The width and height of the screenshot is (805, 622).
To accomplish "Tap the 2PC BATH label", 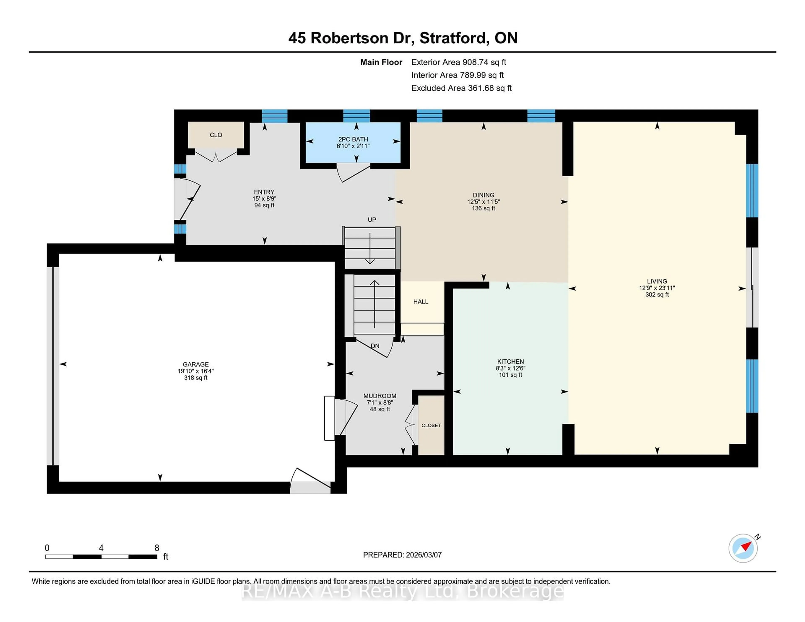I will tap(353, 139).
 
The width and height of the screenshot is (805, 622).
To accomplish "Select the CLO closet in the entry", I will tap(216, 135).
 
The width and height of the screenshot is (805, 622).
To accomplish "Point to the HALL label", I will tap(421, 302).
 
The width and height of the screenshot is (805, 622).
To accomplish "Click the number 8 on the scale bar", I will tap(157, 548).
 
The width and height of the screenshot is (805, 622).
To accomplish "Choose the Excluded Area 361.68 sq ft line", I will tap(461, 88).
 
